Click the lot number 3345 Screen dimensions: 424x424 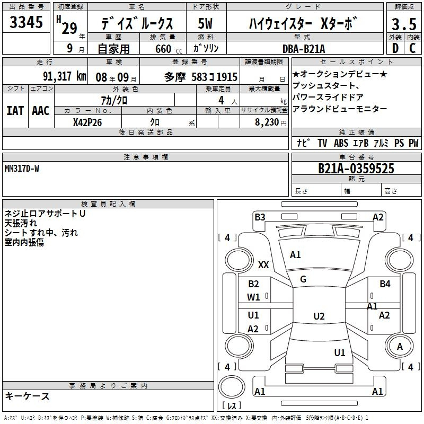tap(26, 22)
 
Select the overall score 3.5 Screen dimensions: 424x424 tap(404, 24)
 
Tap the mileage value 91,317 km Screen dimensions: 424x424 tap(65, 76)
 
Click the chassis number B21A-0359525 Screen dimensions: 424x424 tap(356, 169)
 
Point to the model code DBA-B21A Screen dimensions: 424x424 tap(304, 49)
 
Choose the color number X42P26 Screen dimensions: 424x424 tap(87, 122)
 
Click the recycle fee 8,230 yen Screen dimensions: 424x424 tap(271, 122)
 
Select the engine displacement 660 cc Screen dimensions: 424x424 tap(169, 49)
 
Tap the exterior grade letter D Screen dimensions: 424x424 tap(395, 48)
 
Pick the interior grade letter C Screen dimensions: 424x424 tap(412, 48)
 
